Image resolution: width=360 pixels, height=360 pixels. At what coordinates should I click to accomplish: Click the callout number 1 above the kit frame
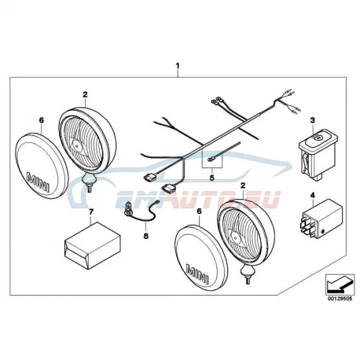[x=178, y=66]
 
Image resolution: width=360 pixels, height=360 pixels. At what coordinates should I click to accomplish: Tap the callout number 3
[x=312, y=120]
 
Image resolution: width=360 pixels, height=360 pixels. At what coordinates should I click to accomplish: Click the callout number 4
[x=312, y=195]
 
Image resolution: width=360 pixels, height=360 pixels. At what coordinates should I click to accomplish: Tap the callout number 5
[x=211, y=178]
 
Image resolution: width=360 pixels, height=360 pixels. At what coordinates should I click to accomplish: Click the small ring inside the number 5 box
[x=210, y=160]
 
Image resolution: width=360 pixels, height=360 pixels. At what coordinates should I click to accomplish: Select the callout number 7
[x=91, y=211]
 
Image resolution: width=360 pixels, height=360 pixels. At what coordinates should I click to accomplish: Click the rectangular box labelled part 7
[x=92, y=245]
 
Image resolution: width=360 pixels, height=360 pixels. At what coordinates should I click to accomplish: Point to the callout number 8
[x=146, y=236]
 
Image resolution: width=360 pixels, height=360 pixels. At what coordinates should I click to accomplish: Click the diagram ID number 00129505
[x=340, y=299]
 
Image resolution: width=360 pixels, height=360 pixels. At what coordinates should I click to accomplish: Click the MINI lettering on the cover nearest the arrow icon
[x=197, y=274]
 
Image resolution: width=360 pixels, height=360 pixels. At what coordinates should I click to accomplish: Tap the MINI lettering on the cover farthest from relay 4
[x=38, y=181]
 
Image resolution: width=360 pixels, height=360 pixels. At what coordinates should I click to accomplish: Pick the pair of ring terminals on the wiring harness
[x=216, y=101]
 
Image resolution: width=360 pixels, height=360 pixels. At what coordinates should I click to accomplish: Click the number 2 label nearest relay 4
[x=243, y=186]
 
